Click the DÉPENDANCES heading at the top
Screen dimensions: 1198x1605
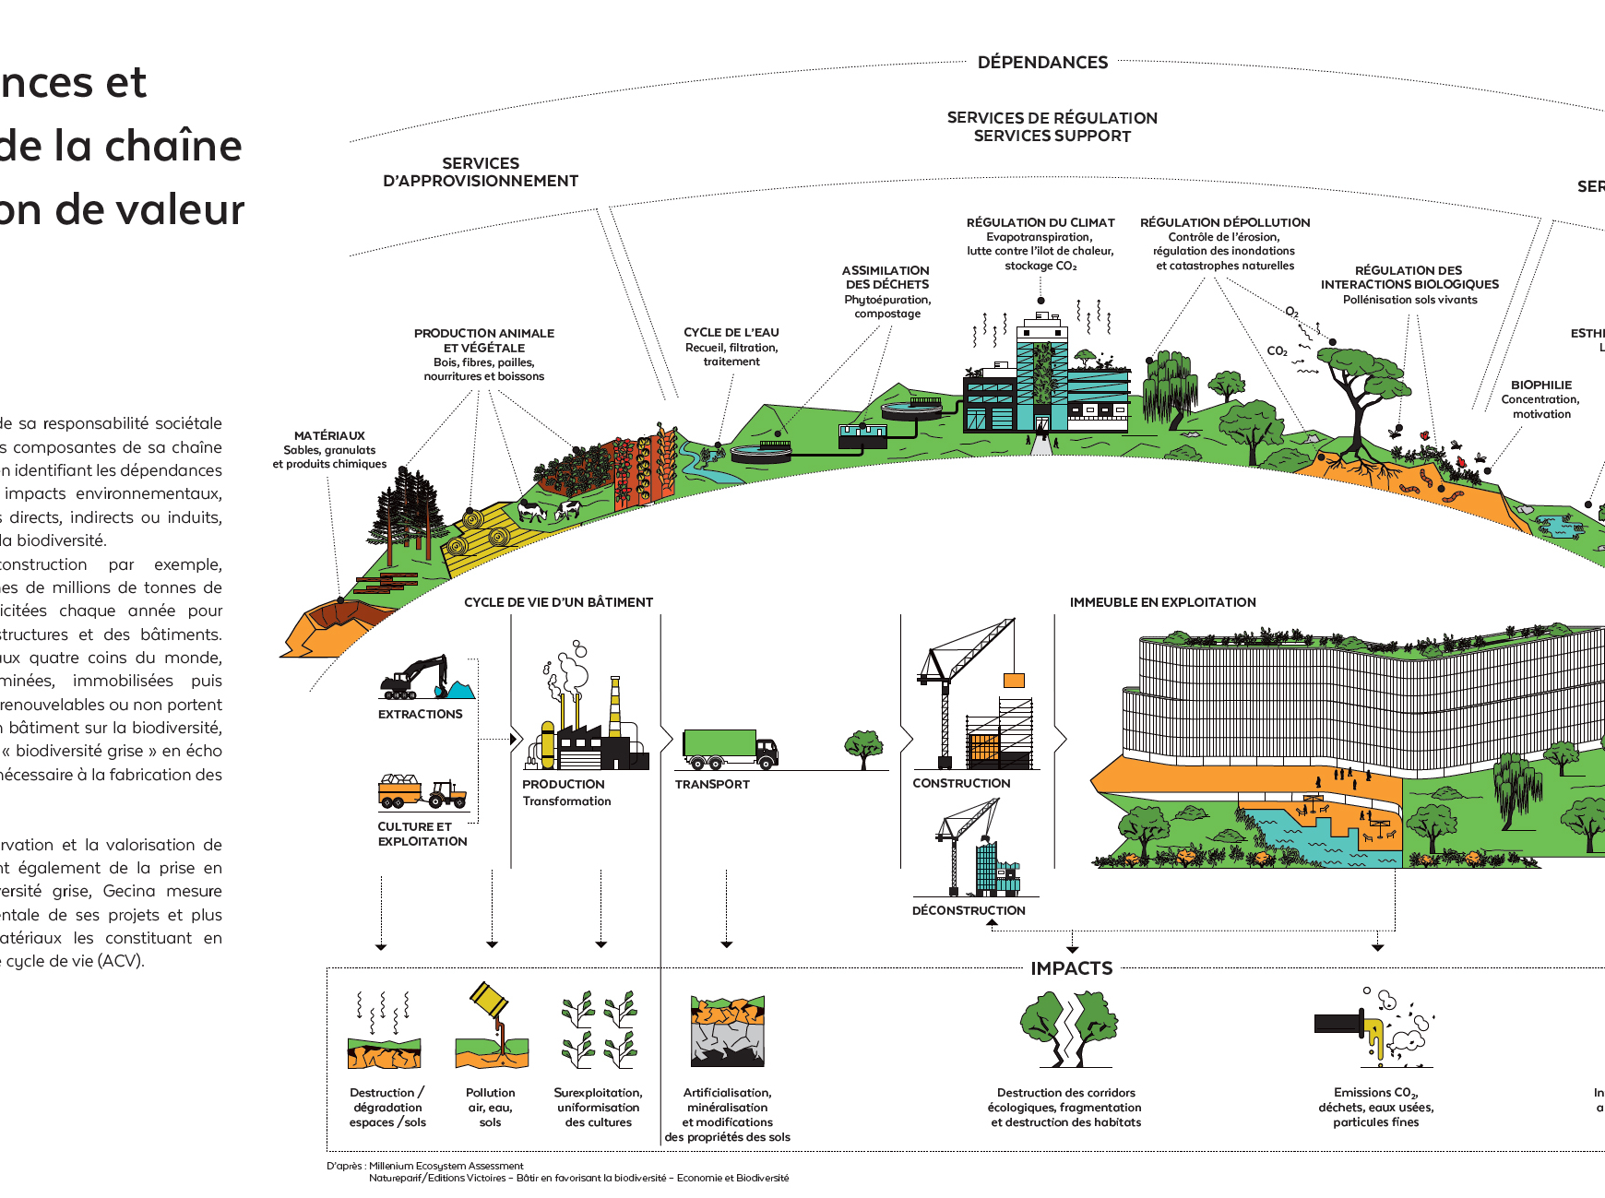pos(1042,63)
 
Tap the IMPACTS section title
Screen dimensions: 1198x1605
pos(1071,968)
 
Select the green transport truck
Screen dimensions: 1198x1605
pos(729,748)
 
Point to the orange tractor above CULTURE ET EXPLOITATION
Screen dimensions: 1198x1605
pos(446,792)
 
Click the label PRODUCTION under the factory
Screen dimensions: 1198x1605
pos(564,784)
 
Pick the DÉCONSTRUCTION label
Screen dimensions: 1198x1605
pos(969,910)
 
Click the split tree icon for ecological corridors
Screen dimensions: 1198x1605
pos(1069,1026)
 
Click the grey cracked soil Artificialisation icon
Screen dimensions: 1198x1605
pos(727,1032)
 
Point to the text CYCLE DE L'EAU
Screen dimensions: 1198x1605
pos(731,333)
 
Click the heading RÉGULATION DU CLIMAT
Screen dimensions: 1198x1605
pos(1040,223)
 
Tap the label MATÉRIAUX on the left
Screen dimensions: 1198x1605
pos(329,436)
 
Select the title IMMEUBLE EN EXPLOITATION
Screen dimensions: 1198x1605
pos(1162,602)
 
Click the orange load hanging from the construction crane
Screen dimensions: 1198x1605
pos(1014,681)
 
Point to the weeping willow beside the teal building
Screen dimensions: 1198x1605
pos(1170,388)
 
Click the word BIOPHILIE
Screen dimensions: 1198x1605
pos(1540,385)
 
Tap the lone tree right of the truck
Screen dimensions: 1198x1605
pos(863,747)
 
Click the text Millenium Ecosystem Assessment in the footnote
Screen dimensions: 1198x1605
pos(446,1166)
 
